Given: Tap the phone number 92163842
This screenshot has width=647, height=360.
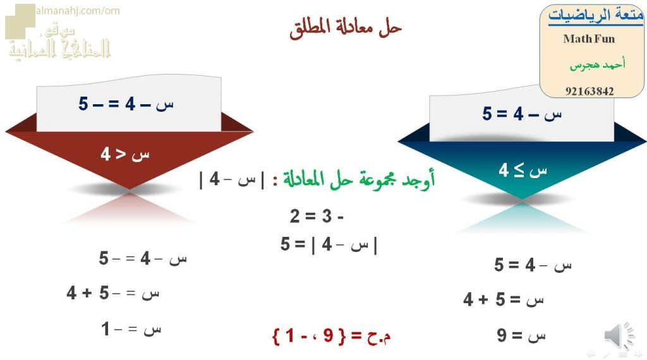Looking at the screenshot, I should point(589,91).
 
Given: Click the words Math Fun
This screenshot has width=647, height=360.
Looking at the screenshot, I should point(589,39).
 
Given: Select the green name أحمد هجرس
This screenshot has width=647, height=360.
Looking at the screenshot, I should point(597,65).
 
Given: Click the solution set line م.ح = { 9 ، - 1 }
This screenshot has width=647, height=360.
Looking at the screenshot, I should point(331,335).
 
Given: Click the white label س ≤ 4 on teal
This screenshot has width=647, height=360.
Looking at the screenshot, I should point(522,170).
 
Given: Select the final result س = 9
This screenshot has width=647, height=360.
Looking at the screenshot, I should point(521,335).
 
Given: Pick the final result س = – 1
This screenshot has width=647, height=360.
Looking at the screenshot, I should point(131,329).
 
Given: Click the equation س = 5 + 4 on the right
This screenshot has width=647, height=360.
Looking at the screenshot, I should point(503,299).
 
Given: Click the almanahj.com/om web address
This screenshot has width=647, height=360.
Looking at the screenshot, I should point(78,11).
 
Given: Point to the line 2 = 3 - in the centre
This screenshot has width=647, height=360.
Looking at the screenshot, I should point(317,217).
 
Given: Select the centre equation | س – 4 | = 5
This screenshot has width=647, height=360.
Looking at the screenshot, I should point(329,244).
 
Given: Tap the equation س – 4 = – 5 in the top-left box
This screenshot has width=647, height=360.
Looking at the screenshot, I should point(126,104).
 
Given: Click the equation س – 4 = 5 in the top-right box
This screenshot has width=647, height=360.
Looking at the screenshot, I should point(522,114).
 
